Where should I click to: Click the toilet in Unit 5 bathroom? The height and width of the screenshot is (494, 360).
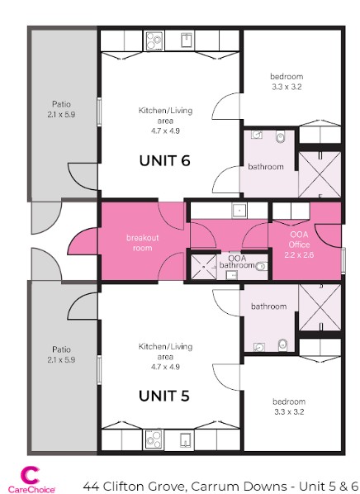(282, 344)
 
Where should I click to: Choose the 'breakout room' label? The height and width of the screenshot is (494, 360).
(141, 242)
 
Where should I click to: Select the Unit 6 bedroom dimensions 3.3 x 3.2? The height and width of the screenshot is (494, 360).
(287, 87)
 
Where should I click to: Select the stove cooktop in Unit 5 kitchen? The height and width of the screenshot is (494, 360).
(154, 439)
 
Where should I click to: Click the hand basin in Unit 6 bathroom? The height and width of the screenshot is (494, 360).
(257, 134)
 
